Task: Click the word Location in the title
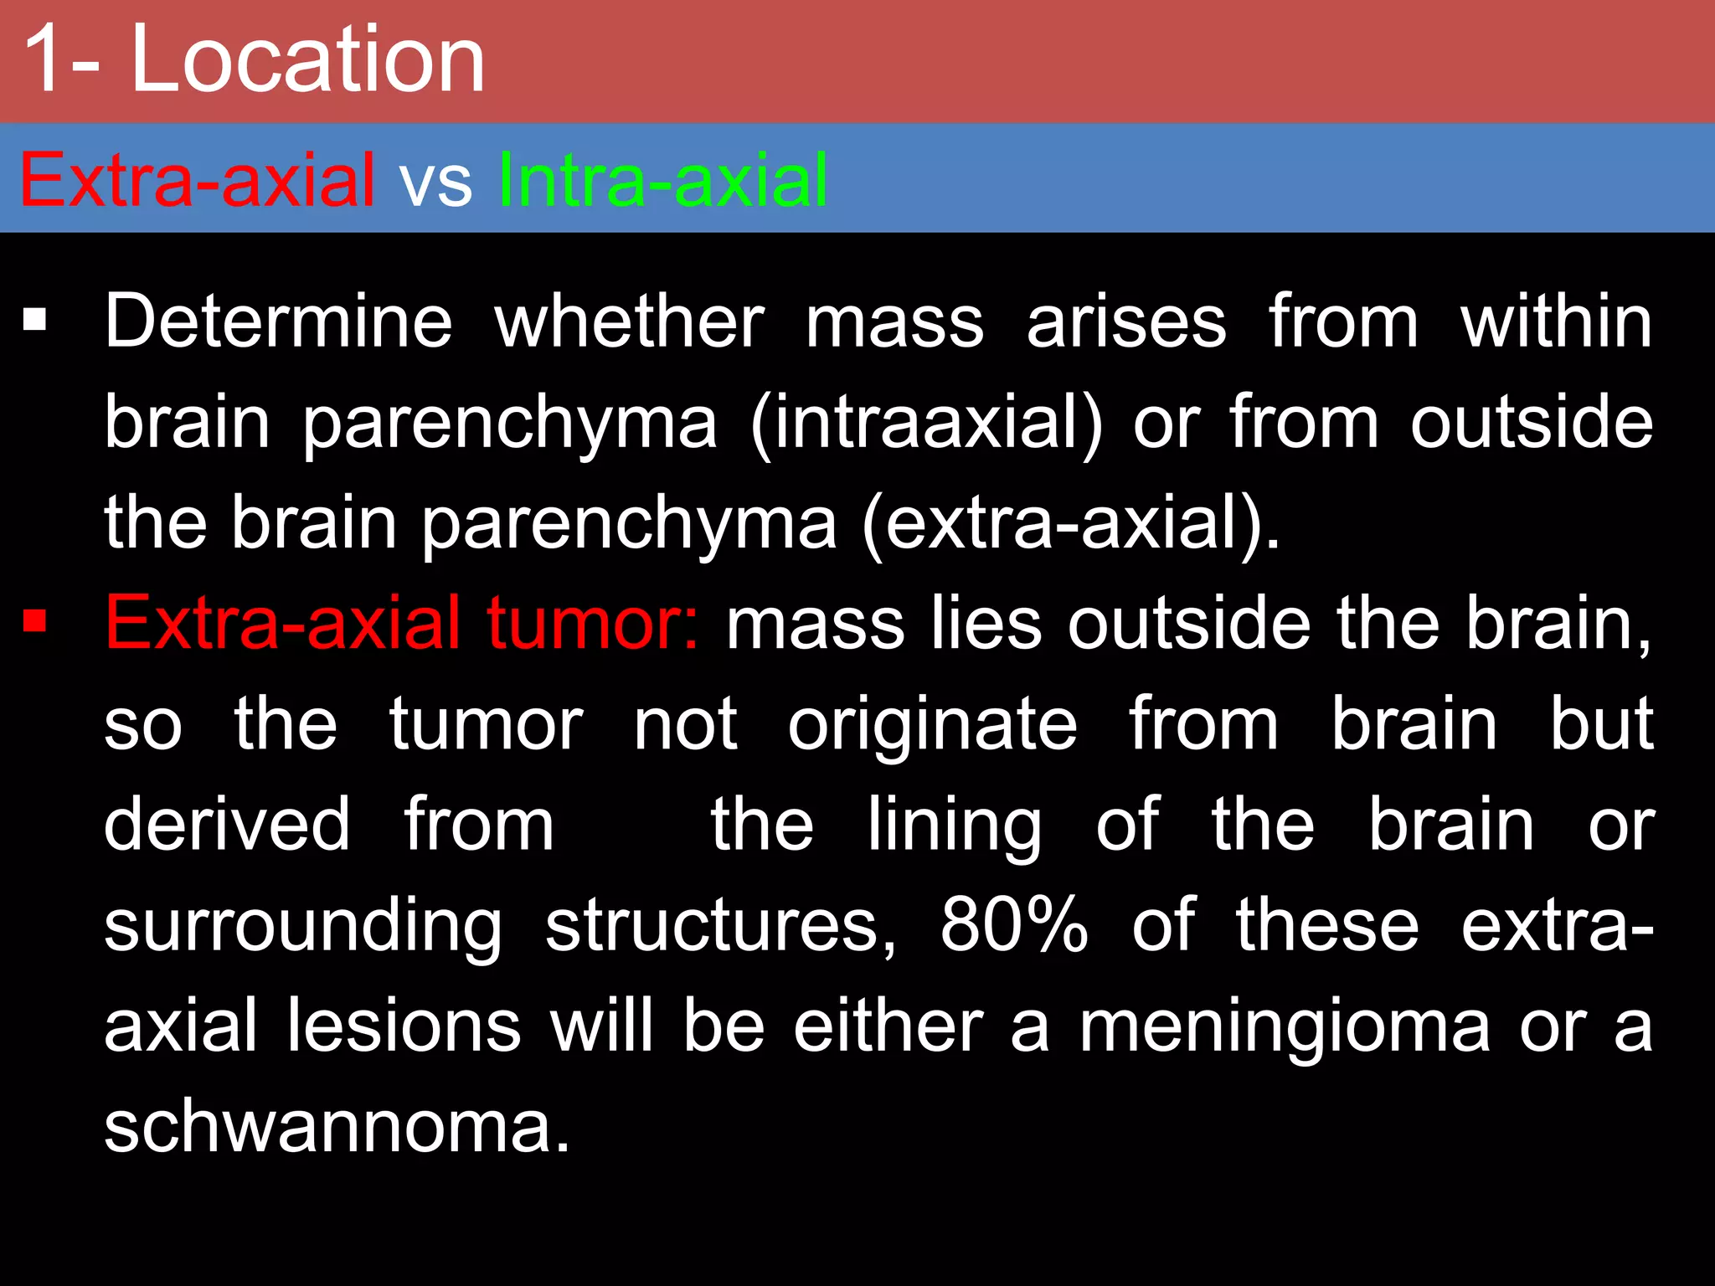[307, 60]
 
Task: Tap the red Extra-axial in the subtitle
[197, 180]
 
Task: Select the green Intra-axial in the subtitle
[662, 180]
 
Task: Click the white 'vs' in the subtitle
[435, 183]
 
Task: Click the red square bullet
[34, 622]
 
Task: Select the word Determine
[278, 321]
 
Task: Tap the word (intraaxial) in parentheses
[926, 424]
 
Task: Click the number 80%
[1014, 925]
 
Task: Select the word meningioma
[1285, 1026]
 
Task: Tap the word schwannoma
[337, 1127]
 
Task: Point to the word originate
[932, 725]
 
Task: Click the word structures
[720, 926]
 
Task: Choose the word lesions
[404, 1026]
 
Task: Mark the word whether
[629, 321]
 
